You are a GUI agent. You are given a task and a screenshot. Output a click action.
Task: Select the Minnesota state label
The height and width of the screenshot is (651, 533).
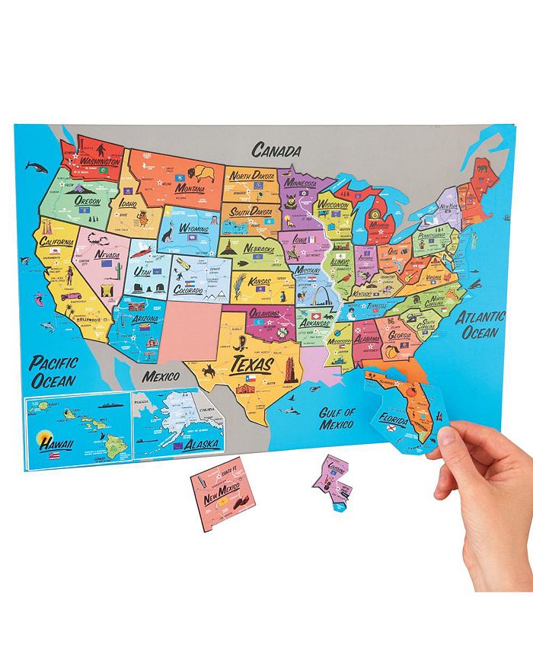pos(302,183)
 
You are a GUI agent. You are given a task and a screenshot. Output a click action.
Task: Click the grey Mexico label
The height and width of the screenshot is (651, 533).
pos(158,376)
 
